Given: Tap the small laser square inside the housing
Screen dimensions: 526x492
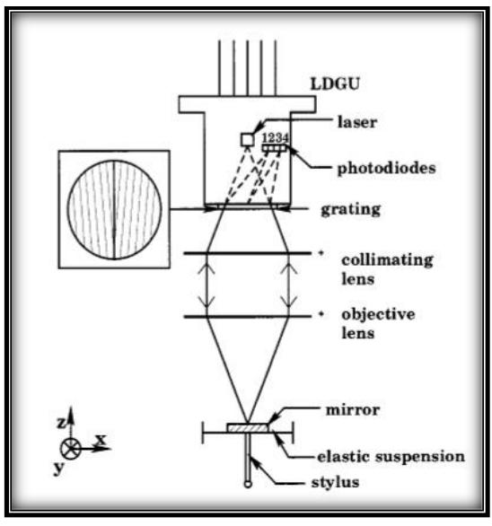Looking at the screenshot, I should click(x=245, y=138).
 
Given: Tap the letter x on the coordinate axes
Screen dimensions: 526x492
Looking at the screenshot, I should click(x=101, y=441).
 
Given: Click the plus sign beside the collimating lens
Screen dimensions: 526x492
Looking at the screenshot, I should click(x=320, y=254).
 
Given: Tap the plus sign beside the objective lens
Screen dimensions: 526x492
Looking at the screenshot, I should click(x=320, y=316).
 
